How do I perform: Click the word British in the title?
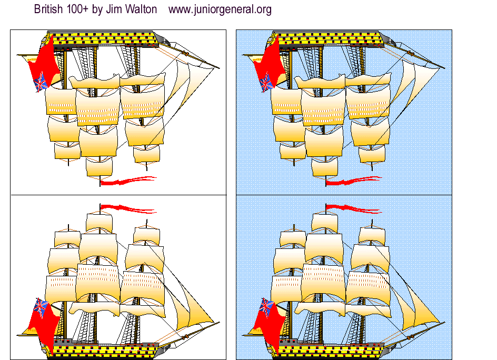click(49, 9)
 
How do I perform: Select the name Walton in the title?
click(141, 9)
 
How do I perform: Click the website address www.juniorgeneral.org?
click(220, 9)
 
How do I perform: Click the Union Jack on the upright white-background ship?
click(41, 305)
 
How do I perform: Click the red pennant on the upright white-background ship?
click(126, 208)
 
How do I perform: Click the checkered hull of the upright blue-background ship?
click(326, 348)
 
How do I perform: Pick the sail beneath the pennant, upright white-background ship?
click(100, 222)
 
